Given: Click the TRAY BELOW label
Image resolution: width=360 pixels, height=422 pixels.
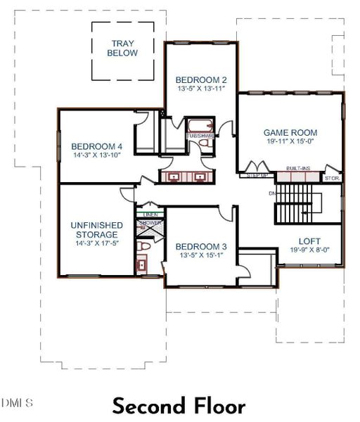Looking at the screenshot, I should coord(123,48).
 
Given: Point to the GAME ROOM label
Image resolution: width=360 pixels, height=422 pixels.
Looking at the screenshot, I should coord(290,132).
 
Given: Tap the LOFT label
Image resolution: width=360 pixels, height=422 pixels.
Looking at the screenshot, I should coord(310,240).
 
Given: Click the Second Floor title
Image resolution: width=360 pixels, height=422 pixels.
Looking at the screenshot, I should coord(179,406).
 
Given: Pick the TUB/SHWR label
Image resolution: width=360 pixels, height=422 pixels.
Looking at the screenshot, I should coord(200,136).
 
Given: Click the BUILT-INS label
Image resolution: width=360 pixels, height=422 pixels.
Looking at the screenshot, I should coord(296,169).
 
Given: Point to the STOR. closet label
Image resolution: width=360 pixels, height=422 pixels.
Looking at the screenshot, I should coord(332,178).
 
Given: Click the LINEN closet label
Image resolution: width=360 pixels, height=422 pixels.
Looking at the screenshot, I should coord(149,214).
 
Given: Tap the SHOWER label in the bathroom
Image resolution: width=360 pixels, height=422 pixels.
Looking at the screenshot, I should coord(149,222).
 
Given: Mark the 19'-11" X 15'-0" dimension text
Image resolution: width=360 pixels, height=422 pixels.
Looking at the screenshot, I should coord(290,141).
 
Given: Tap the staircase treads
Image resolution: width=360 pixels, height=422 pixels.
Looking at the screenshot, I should coord(288,204).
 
